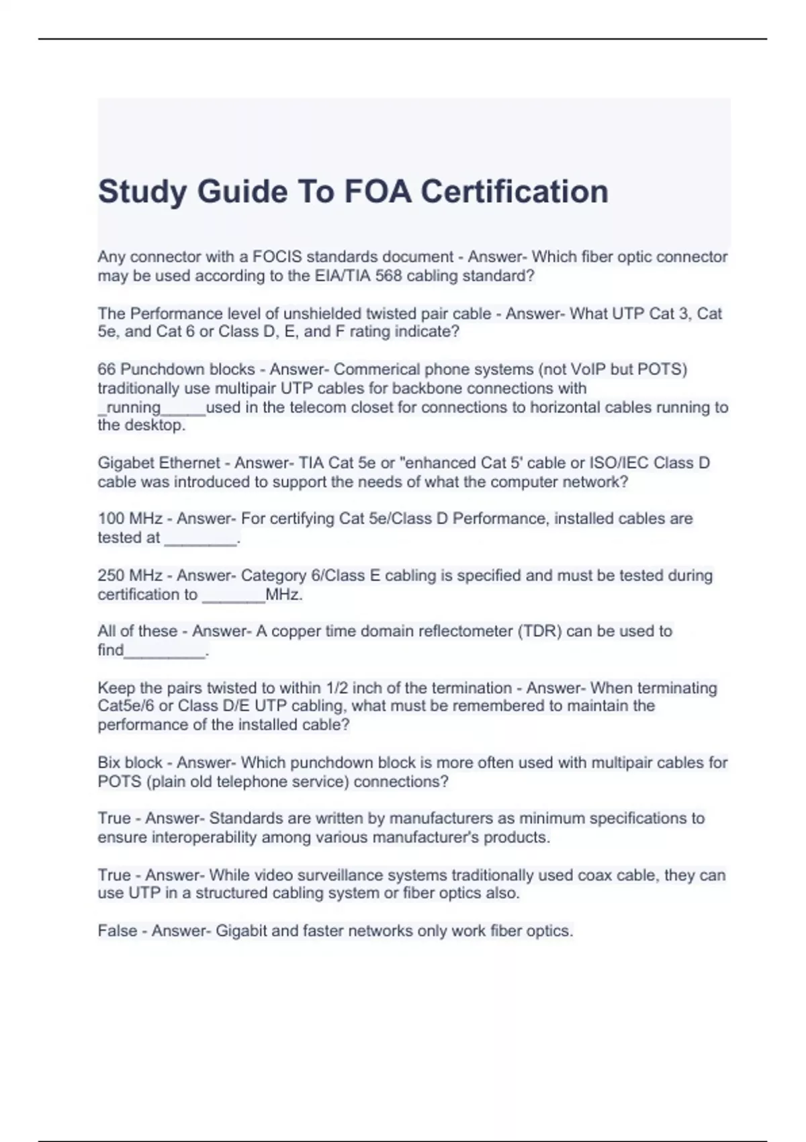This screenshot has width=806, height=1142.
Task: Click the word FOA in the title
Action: pos(377,191)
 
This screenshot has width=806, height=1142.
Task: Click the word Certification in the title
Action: pos(514,191)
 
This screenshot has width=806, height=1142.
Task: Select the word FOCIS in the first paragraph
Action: pos(277,257)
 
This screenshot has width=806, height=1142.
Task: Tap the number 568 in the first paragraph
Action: pos(388,275)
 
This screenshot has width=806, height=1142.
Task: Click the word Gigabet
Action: pos(126,463)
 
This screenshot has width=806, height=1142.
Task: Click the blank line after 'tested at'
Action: pos(201,539)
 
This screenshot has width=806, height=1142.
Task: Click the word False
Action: pos(117,930)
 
